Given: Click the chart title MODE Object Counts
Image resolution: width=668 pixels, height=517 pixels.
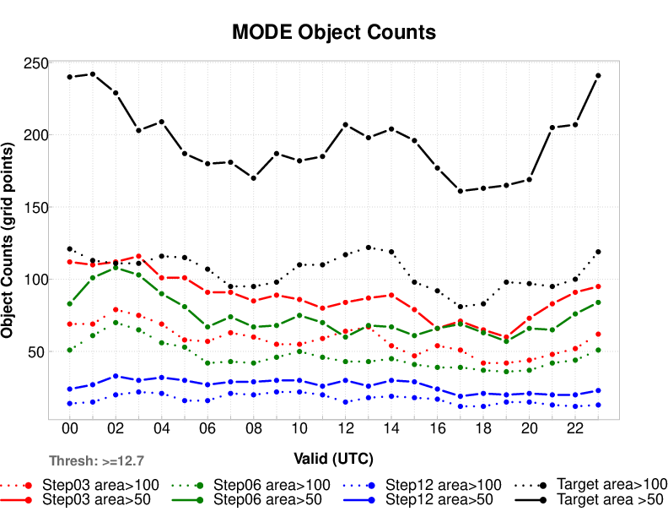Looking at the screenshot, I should point(334,32).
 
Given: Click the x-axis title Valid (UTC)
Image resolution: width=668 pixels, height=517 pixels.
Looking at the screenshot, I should point(334,458).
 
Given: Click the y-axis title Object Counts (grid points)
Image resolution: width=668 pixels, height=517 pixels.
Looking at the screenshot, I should point(8,241).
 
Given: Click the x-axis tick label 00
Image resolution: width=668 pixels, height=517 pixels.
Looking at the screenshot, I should point(70,429).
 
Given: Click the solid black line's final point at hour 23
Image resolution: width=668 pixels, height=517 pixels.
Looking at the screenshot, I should point(598,75).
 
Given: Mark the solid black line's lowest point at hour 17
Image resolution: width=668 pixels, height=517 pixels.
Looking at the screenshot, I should point(461,191).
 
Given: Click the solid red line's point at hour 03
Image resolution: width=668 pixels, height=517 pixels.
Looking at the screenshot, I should point(138,256).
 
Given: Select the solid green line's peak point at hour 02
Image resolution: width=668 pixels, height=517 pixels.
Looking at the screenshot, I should point(116,268).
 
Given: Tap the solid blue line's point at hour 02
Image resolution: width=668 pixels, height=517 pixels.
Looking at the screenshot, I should point(116,376).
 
